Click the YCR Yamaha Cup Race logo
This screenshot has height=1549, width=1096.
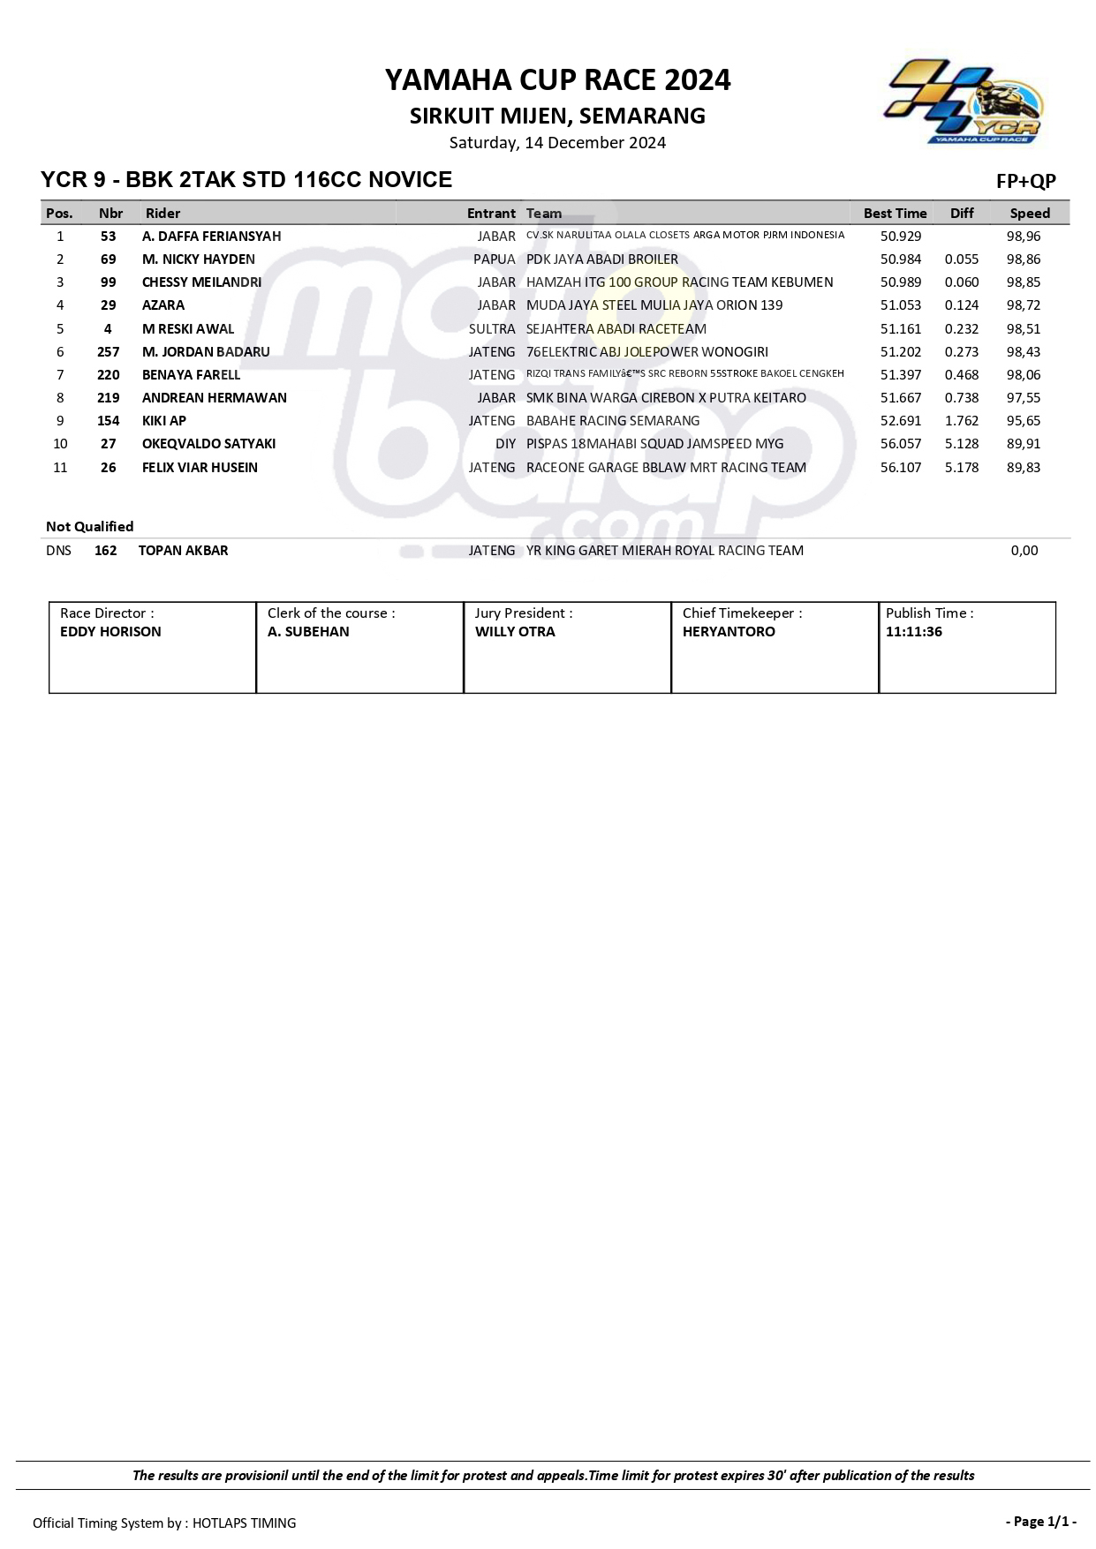coord(964,102)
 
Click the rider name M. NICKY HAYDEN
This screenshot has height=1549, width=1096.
coord(198,259)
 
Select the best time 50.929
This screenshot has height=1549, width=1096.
coord(900,237)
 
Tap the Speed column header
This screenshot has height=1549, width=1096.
coord(1030,214)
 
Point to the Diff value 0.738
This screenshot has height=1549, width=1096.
coord(961,398)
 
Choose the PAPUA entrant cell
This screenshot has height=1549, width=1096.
coord(494,259)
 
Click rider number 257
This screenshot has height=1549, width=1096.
coord(108,352)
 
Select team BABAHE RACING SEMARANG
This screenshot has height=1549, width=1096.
coord(612,421)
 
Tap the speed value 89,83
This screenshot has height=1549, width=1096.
coord(1024,468)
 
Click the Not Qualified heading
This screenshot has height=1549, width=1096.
coord(89,527)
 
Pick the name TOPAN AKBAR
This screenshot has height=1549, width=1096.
coord(183,551)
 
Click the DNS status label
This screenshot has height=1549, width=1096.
coord(58,551)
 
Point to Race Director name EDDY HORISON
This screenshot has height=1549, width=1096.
coord(110,632)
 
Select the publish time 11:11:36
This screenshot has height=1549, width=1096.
coord(913,632)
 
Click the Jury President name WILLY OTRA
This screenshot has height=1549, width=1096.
coord(515,632)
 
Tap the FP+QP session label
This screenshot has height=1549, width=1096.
coord(1025,182)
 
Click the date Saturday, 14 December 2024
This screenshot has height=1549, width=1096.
coord(557,143)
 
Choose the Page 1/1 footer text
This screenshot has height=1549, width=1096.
coord(1040,1521)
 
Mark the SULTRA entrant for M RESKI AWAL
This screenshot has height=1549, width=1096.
coord(492,329)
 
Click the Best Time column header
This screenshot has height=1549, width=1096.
coord(895,214)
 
